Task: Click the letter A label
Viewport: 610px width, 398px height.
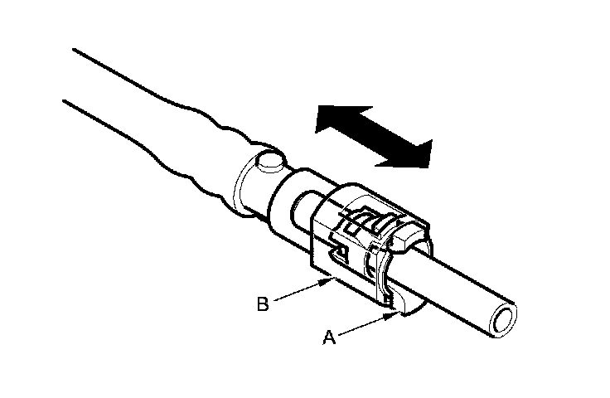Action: click(x=328, y=337)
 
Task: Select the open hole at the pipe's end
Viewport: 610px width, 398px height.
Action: click(x=502, y=320)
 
